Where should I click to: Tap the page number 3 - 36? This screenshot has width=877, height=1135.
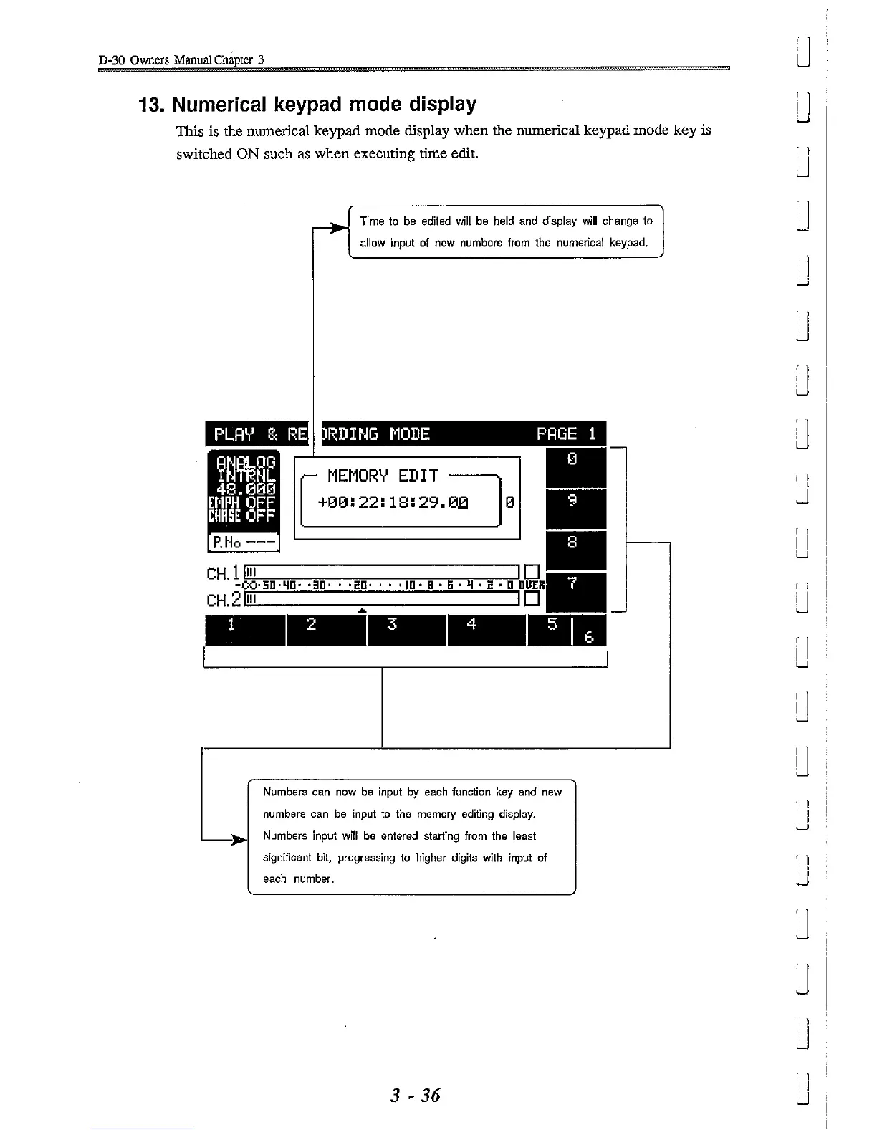415,1095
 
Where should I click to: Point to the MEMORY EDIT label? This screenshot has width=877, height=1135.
383,476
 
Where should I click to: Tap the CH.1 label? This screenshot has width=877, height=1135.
221,573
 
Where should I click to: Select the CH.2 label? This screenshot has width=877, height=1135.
221,600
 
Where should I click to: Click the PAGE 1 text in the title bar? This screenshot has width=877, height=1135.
566,434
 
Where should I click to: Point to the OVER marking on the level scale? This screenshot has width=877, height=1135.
532,585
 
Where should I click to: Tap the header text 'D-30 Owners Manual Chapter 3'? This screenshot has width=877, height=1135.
181,59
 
